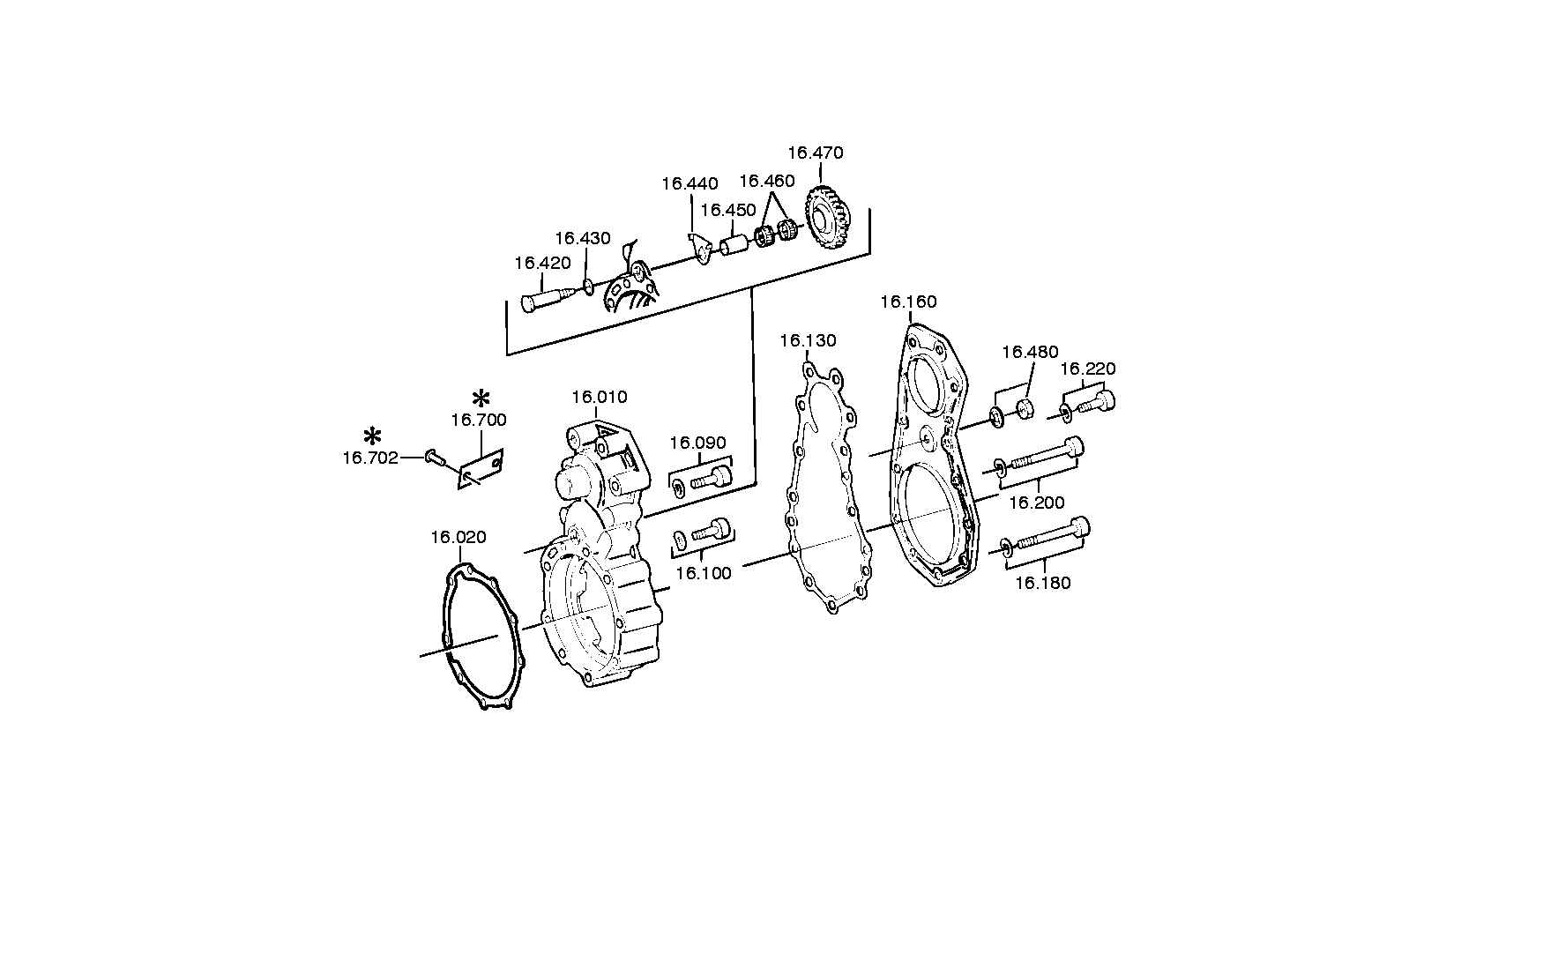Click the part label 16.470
point(815,153)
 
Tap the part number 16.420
point(542,263)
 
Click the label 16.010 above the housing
point(600,397)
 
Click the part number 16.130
point(808,340)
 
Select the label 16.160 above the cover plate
point(908,302)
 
